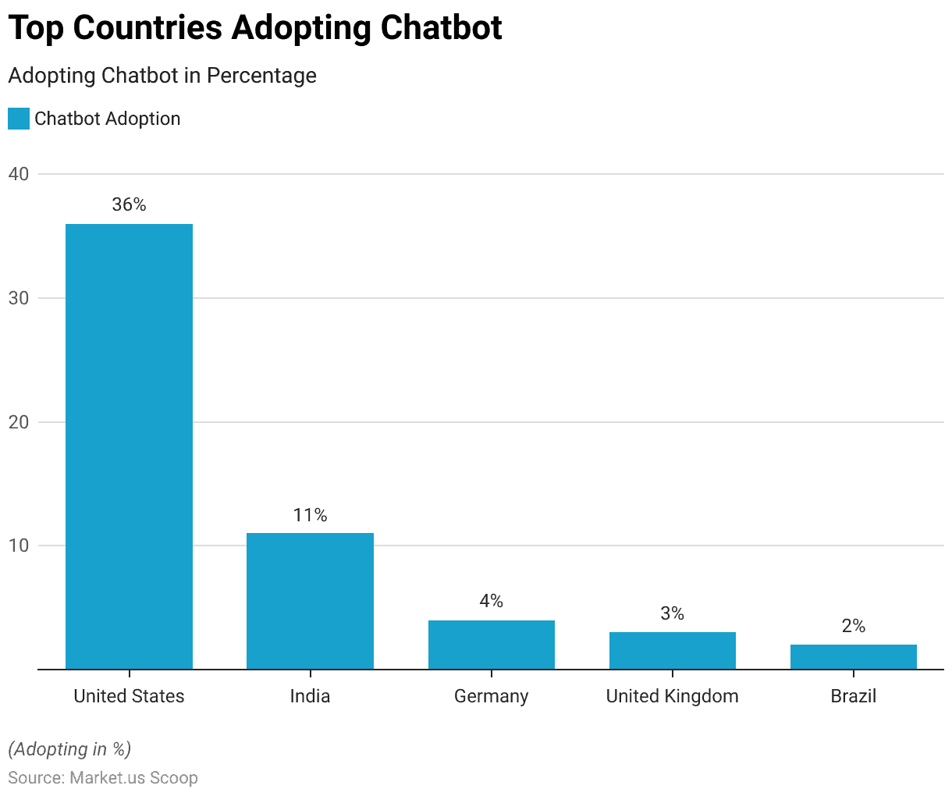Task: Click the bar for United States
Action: (129, 446)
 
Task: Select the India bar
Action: (310, 601)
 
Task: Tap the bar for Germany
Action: (491, 645)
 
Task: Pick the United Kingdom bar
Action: (672, 651)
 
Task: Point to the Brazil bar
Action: (853, 657)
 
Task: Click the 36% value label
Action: (129, 204)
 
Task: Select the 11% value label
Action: (310, 515)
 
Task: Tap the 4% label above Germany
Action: (491, 601)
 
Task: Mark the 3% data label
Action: (672, 613)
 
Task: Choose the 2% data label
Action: (853, 626)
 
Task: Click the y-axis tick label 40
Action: (19, 174)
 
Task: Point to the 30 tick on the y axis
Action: (19, 298)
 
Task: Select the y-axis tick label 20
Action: (19, 422)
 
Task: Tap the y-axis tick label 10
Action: (19, 545)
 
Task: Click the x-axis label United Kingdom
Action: (672, 696)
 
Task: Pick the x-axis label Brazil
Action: (853, 696)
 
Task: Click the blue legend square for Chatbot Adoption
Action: (19, 119)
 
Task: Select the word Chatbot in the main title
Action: (441, 28)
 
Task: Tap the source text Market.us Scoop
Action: (133, 778)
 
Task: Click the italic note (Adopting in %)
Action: (69, 749)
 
